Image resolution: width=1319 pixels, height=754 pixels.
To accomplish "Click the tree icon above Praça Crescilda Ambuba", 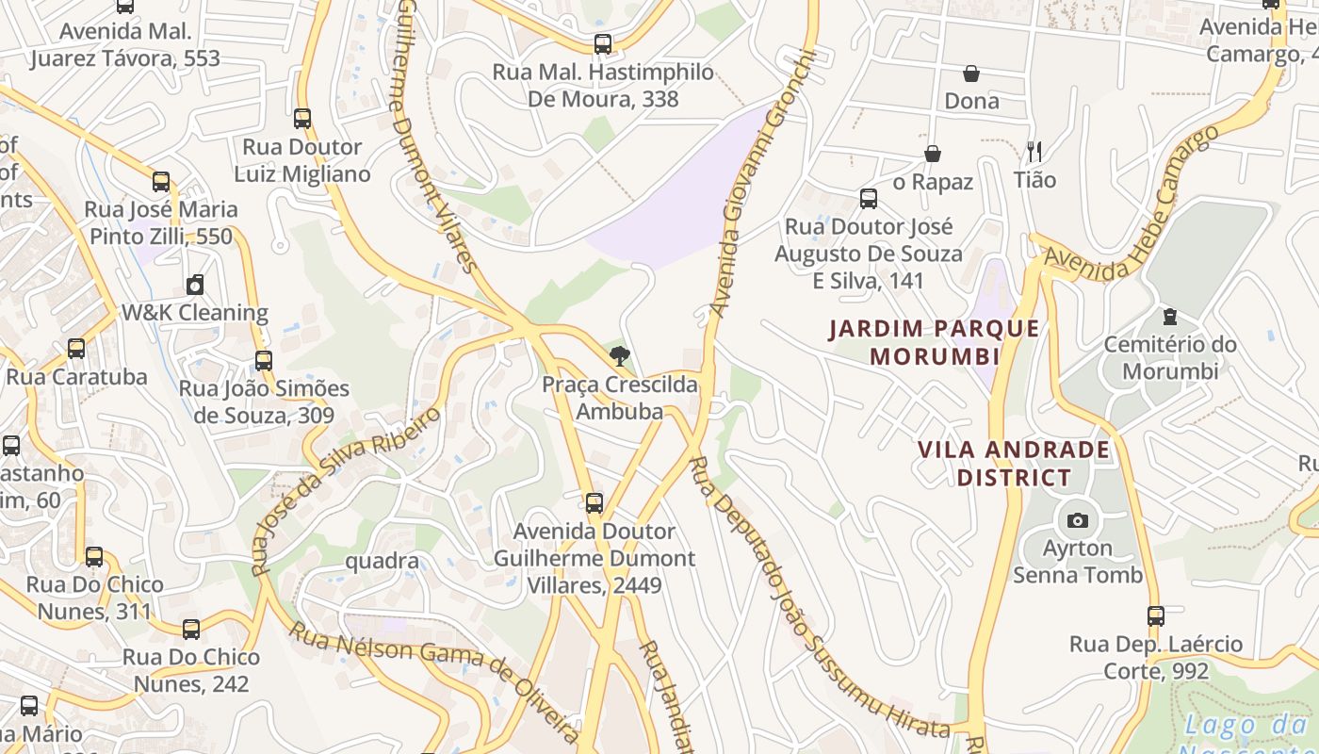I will pyautogui.click(x=619, y=356).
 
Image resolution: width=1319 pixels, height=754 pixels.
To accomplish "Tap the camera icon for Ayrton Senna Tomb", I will pyautogui.click(x=1077, y=520).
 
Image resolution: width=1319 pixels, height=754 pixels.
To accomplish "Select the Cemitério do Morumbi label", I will pyautogui.click(x=1170, y=357).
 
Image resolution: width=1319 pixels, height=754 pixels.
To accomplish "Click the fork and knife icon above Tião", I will pyautogui.click(x=1034, y=151).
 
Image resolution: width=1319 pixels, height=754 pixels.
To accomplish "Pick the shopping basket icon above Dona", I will pyautogui.click(x=971, y=74).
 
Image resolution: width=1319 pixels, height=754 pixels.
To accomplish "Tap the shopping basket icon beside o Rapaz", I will pyautogui.click(x=933, y=154).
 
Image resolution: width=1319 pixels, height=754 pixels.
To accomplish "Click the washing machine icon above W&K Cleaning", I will pyautogui.click(x=195, y=284).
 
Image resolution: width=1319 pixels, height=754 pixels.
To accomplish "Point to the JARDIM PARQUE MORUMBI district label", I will pyautogui.click(x=934, y=342).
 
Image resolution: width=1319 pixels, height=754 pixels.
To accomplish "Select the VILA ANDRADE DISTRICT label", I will pyautogui.click(x=1014, y=463).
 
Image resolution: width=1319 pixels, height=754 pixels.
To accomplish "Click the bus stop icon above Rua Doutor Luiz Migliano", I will pyautogui.click(x=302, y=119).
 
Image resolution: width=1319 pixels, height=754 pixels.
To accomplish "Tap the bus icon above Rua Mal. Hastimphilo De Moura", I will pyautogui.click(x=603, y=44).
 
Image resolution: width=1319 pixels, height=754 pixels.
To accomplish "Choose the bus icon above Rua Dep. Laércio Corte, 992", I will pyautogui.click(x=1156, y=616).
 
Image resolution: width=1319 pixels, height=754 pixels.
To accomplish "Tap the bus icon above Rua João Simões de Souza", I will pyautogui.click(x=264, y=361).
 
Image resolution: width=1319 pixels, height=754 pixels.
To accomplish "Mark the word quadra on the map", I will pyautogui.click(x=383, y=562).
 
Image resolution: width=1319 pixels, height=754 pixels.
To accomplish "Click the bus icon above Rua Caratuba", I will pyautogui.click(x=76, y=349).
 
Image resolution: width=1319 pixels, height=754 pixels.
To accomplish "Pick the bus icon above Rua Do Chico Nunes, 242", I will pyautogui.click(x=191, y=629).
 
